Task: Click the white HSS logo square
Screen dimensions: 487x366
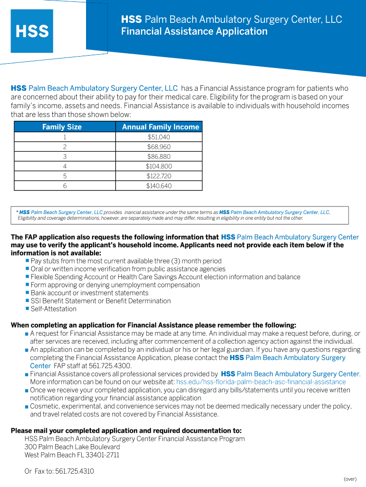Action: click(x=32, y=31)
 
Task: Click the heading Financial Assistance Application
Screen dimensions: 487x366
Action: click(x=194, y=32)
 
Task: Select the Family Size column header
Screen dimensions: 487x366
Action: click(x=62, y=127)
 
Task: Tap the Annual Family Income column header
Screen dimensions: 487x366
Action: click(x=160, y=127)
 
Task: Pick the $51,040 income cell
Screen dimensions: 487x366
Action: click(x=159, y=137)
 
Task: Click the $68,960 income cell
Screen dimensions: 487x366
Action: click(x=159, y=147)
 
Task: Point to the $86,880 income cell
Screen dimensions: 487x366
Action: click(x=159, y=156)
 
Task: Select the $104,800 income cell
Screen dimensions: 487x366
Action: click(x=159, y=166)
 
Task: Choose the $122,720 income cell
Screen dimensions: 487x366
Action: click(x=159, y=176)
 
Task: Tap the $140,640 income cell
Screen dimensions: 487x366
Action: click(x=159, y=186)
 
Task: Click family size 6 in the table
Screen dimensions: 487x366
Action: click(x=65, y=186)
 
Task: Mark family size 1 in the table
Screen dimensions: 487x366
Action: click(x=65, y=137)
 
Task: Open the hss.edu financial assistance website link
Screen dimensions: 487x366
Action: click(x=261, y=382)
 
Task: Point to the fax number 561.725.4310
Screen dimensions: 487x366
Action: click(x=75, y=471)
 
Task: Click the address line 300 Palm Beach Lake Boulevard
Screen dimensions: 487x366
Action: click(x=72, y=447)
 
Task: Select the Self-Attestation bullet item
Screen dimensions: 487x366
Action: click(x=53, y=309)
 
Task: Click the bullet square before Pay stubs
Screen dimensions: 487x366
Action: click(x=27, y=261)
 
